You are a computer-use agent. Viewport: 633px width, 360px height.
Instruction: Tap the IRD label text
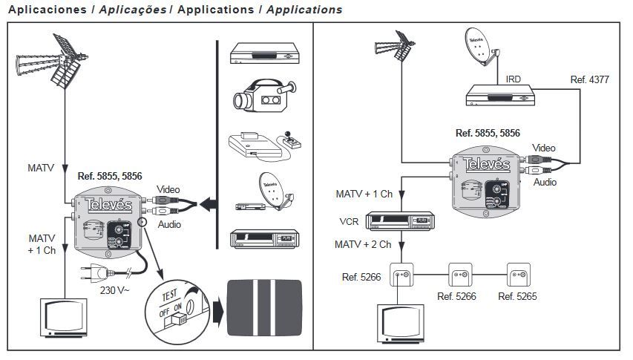point(514,78)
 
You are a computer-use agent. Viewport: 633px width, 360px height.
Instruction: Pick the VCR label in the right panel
point(348,220)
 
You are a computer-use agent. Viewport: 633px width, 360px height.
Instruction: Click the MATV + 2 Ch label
point(364,243)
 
